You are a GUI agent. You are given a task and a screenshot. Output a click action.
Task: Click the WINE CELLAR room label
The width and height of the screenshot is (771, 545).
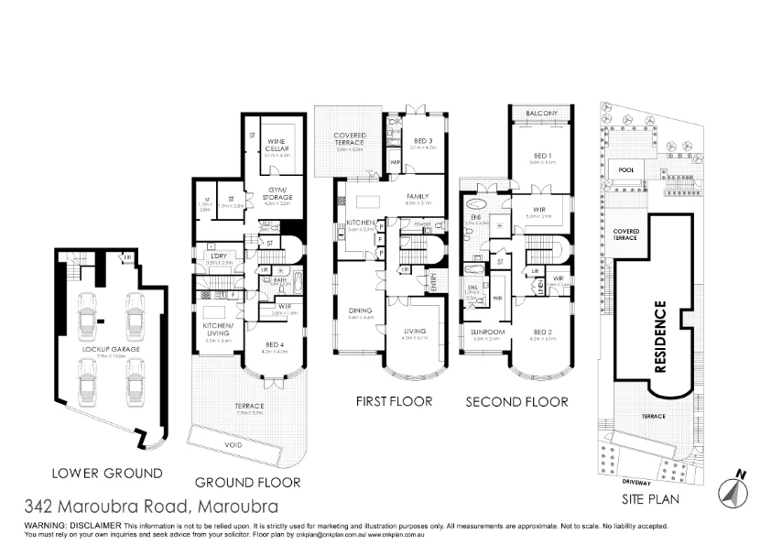pos(276,146)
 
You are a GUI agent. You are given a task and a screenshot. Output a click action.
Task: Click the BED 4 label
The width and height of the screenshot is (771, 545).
pos(274,343)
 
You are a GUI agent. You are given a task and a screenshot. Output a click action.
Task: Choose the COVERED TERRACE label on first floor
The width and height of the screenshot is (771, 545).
pos(349,139)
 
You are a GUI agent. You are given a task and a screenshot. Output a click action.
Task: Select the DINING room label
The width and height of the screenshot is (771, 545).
pos(360,311)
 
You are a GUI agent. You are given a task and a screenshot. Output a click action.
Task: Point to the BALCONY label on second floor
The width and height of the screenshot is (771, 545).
pos(541,113)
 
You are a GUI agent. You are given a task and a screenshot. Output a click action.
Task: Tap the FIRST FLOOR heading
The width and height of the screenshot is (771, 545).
pos(392,401)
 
